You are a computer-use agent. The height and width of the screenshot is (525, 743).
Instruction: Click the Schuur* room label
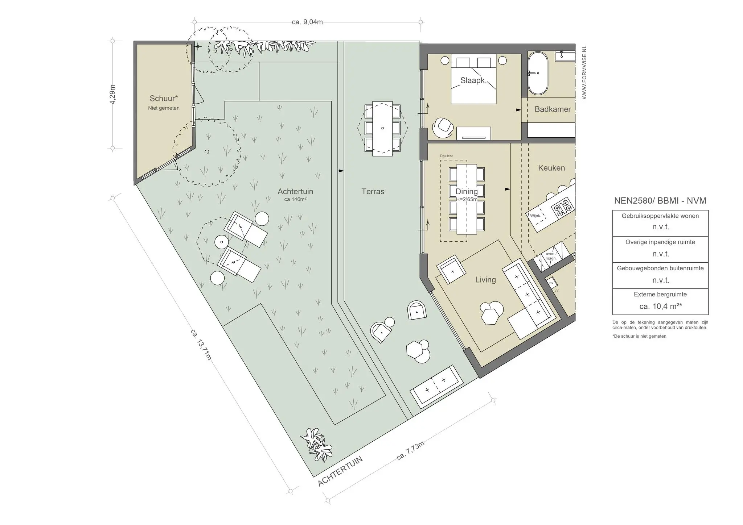point(164,98)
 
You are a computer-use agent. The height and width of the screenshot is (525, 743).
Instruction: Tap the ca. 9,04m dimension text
point(307,22)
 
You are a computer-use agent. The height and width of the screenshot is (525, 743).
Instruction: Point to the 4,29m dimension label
point(112,95)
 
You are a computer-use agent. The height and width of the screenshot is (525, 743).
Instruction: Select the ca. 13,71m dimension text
point(201,345)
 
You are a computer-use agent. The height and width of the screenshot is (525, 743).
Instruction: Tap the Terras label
point(373,191)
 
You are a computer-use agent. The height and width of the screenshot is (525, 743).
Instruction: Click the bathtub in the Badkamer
point(537,74)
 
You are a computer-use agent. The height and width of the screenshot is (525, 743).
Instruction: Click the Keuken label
point(551,168)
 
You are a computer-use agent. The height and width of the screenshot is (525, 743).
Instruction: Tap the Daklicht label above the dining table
point(446,156)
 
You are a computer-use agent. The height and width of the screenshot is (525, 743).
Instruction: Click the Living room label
point(485,280)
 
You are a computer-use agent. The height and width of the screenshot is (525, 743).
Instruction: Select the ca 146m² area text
point(295,199)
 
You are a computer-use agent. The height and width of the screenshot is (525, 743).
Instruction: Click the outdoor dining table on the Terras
point(382,129)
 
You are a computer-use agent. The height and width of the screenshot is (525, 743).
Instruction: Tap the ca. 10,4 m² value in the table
point(660,306)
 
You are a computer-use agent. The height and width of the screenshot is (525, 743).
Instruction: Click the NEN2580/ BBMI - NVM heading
point(660,201)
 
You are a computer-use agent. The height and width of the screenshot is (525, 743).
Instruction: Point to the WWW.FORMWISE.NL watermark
point(584,72)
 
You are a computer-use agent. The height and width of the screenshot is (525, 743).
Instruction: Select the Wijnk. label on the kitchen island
point(535,216)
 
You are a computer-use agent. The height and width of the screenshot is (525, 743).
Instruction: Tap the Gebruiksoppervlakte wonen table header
point(660,216)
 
